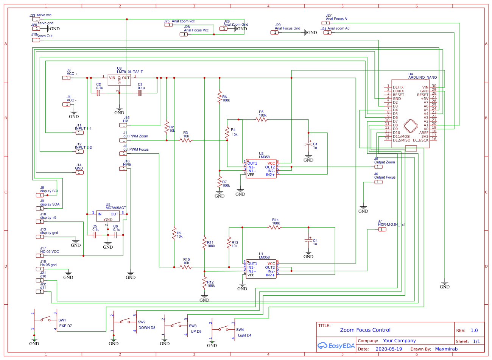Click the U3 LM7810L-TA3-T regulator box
(119, 79)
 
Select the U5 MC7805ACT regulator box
(108, 216)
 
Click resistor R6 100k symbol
(220, 97)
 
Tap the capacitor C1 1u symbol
(308, 144)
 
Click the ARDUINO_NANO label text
(422, 77)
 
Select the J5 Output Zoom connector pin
(378, 167)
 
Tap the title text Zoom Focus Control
(365, 330)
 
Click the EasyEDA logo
(336, 346)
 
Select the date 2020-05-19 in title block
(389, 349)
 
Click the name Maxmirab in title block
(446, 349)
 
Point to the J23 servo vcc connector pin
(36, 19)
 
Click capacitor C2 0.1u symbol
(98, 93)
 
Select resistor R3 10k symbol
(186, 140)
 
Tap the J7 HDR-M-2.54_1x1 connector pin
(382, 229)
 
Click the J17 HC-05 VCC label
(50, 251)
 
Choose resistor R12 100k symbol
(204, 282)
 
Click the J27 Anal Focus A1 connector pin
(325, 23)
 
